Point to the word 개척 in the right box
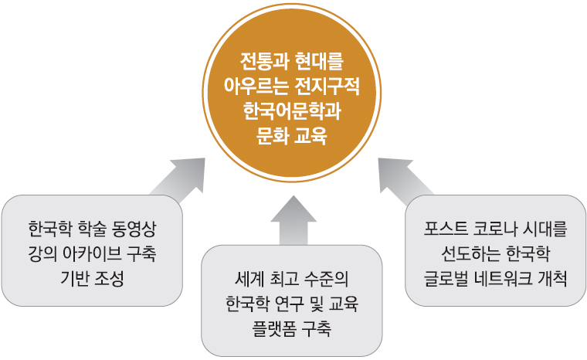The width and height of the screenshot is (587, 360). pos(551,280)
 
